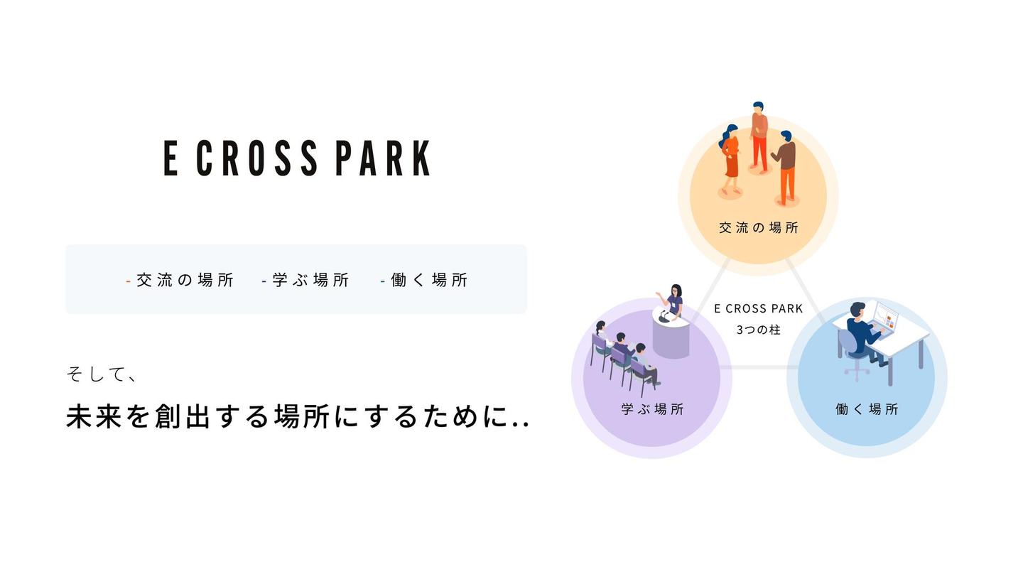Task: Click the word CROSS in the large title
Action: [256, 158]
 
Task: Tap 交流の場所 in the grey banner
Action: [185, 280]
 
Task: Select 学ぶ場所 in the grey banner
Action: [310, 280]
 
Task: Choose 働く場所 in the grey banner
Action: [429, 280]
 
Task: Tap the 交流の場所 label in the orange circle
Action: [759, 228]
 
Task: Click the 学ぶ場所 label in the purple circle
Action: [652, 409]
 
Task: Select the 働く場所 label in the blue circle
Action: [867, 409]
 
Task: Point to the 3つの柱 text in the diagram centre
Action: [759, 330]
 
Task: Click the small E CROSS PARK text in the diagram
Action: [759, 308]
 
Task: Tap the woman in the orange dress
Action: [731, 159]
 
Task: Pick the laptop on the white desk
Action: [886, 318]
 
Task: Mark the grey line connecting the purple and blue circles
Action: [759, 367]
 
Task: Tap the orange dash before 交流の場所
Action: [128, 281]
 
